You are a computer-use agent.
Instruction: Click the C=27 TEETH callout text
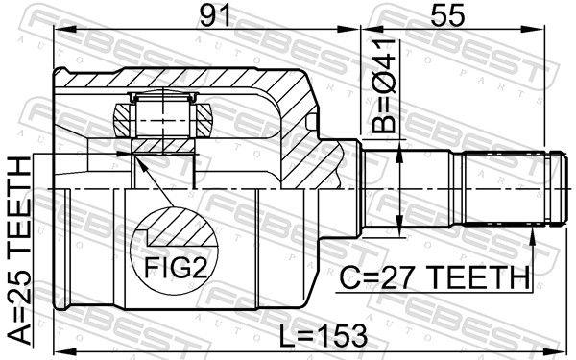tap(435, 277)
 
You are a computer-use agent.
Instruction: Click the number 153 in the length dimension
tap(343, 335)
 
